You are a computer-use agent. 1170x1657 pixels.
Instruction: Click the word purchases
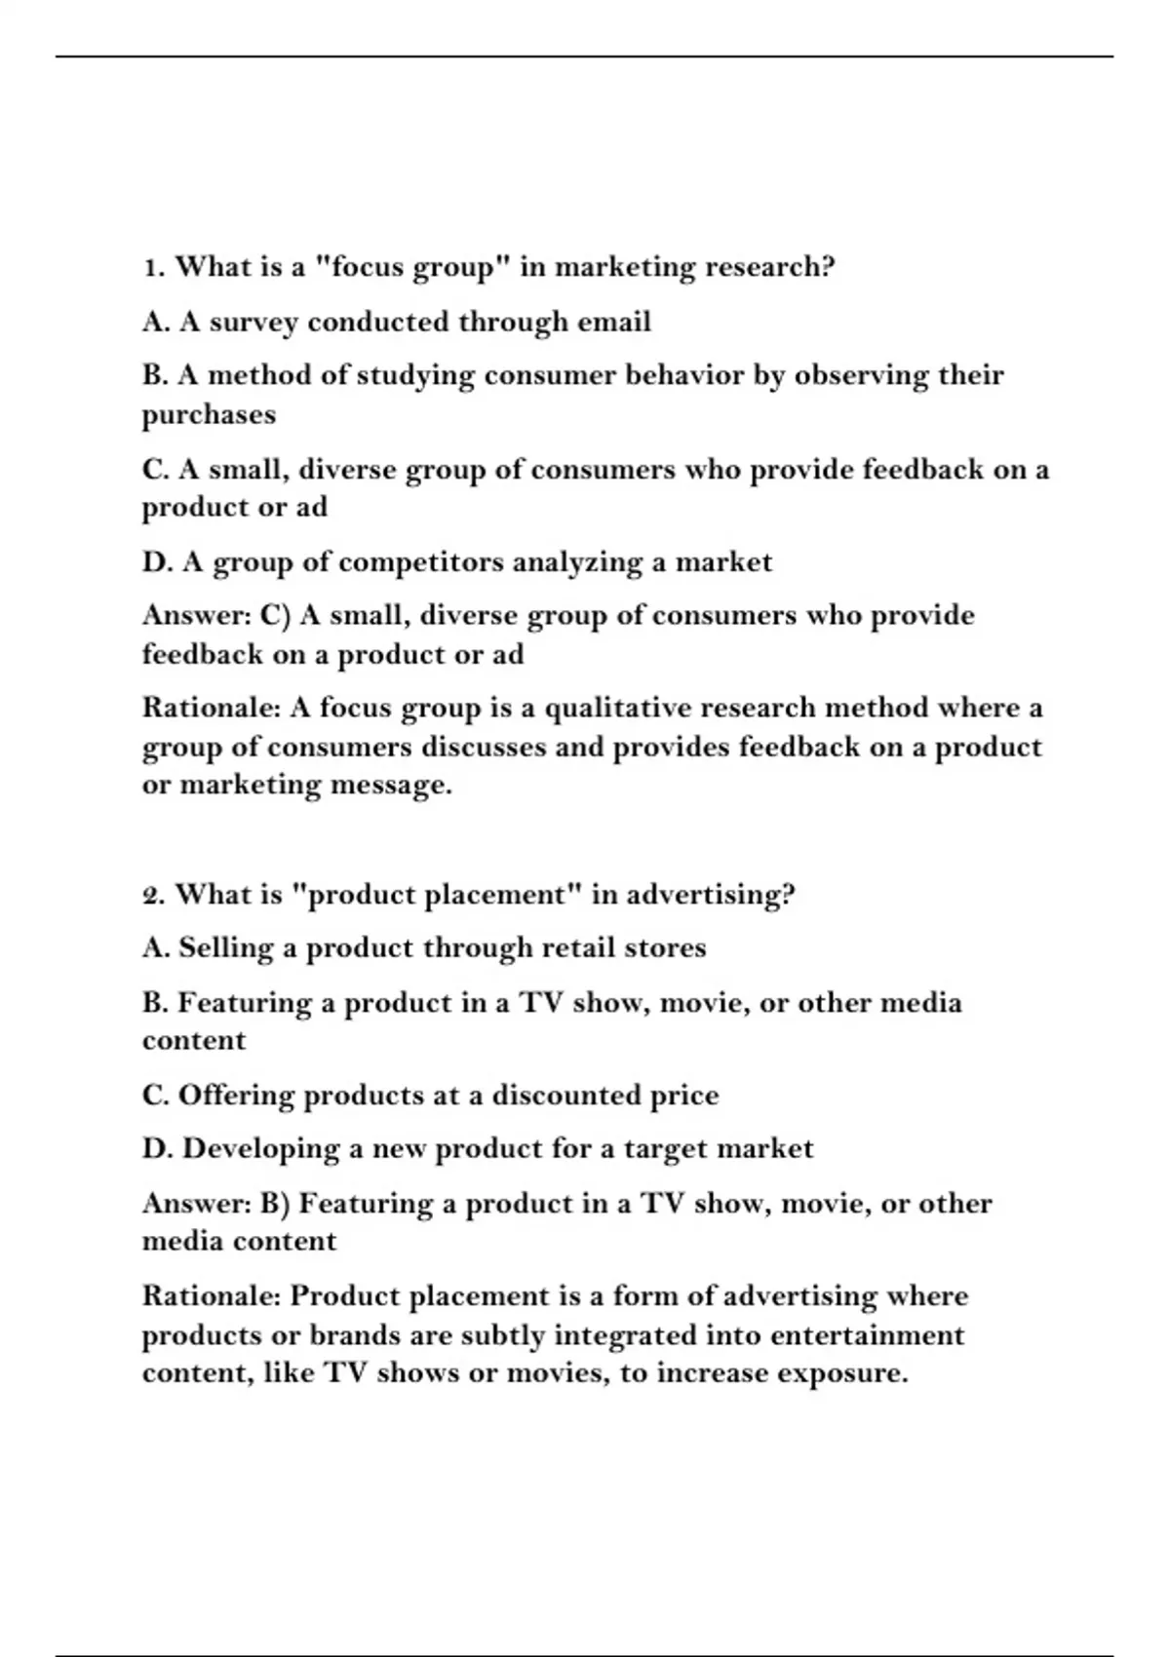click(x=209, y=415)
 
